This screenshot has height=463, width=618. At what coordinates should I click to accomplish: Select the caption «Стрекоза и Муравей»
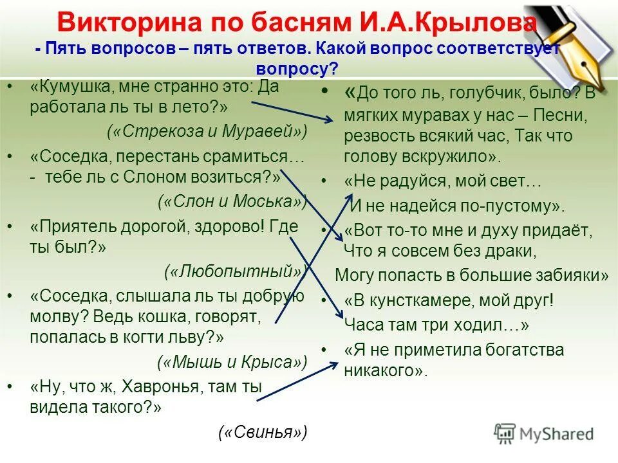coord(207,131)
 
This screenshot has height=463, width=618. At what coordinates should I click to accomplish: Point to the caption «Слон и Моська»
coord(232,201)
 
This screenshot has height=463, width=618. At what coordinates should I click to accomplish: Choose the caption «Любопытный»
coord(234,271)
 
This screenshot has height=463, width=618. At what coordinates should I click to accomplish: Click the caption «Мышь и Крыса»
coord(232,362)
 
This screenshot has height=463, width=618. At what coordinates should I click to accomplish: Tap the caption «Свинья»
coord(263,431)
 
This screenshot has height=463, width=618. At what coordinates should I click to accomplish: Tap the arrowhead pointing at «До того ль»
coord(330,118)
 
